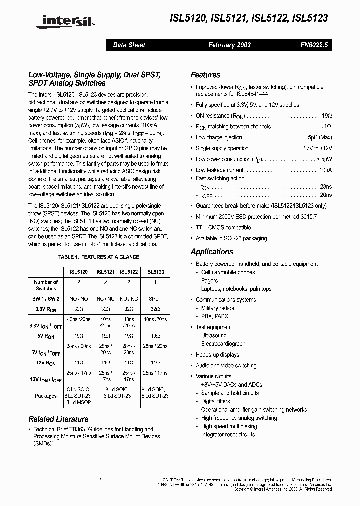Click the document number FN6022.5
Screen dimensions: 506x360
click(x=314, y=45)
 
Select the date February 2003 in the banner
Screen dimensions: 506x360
click(x=229, y=45)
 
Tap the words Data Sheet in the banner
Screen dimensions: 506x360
click(x=129, y=45)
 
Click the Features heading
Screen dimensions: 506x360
click(x=205, y=75)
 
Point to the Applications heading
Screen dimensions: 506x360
click(x=212, y=252)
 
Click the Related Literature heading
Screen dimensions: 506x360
click(x=58, y=419)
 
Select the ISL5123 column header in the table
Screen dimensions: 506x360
click(x=155, y=272)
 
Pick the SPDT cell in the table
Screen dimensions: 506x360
click(x=155, y=299)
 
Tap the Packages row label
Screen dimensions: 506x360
click(x=46, y=396)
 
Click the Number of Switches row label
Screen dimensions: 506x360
click(x=46, y=285)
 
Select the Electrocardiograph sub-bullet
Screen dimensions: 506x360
click(x=223, y=344)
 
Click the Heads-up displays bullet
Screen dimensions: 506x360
click(x=217, y=355)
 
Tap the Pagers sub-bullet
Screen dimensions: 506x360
click(x=209, y=281)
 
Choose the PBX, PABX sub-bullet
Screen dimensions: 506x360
click(x=214, y=316)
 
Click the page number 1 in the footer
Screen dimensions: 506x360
click(x=100, y=480)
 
